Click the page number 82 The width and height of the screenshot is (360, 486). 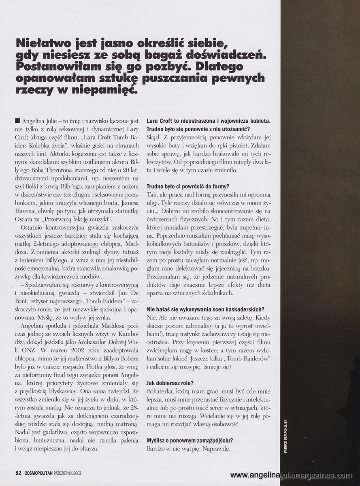tap(18, 473)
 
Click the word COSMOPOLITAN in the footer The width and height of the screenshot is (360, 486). tap(40, 473)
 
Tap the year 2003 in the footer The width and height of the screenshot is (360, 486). tap(81, 473)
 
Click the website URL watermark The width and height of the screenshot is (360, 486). tap(291, 475)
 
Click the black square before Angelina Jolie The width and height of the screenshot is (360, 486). tap(16, 121)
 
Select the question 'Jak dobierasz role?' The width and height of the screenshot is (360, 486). tap(170, 383)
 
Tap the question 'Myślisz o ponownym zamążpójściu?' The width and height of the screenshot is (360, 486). tap(190, 441)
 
